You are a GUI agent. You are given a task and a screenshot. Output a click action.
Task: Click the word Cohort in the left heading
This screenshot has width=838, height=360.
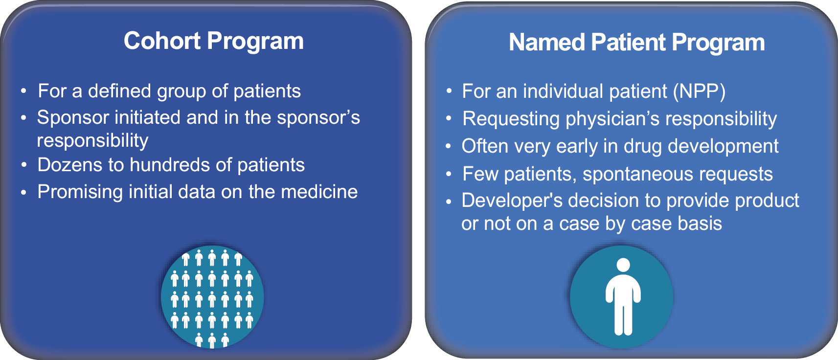(162, 41)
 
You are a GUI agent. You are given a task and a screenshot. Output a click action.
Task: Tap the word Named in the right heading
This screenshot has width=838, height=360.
(546, 42)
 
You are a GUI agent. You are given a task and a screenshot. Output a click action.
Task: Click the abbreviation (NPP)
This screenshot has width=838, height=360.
(699, 91)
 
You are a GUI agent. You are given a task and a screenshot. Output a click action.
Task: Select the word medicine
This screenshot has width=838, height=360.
(319, 192)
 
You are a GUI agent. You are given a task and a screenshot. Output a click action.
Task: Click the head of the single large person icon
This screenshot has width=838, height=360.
(623, 265)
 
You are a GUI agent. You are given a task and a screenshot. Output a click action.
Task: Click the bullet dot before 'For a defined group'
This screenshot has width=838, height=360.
(23, 91)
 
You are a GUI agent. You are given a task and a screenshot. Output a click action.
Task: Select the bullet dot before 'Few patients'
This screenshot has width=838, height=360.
(449, 174)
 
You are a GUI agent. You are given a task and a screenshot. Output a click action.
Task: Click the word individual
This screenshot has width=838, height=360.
(563, 91)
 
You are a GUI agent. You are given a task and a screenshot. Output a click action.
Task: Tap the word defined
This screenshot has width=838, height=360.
(119, 91)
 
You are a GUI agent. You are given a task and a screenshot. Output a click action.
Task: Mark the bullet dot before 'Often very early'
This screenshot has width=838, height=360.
(449, 146)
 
